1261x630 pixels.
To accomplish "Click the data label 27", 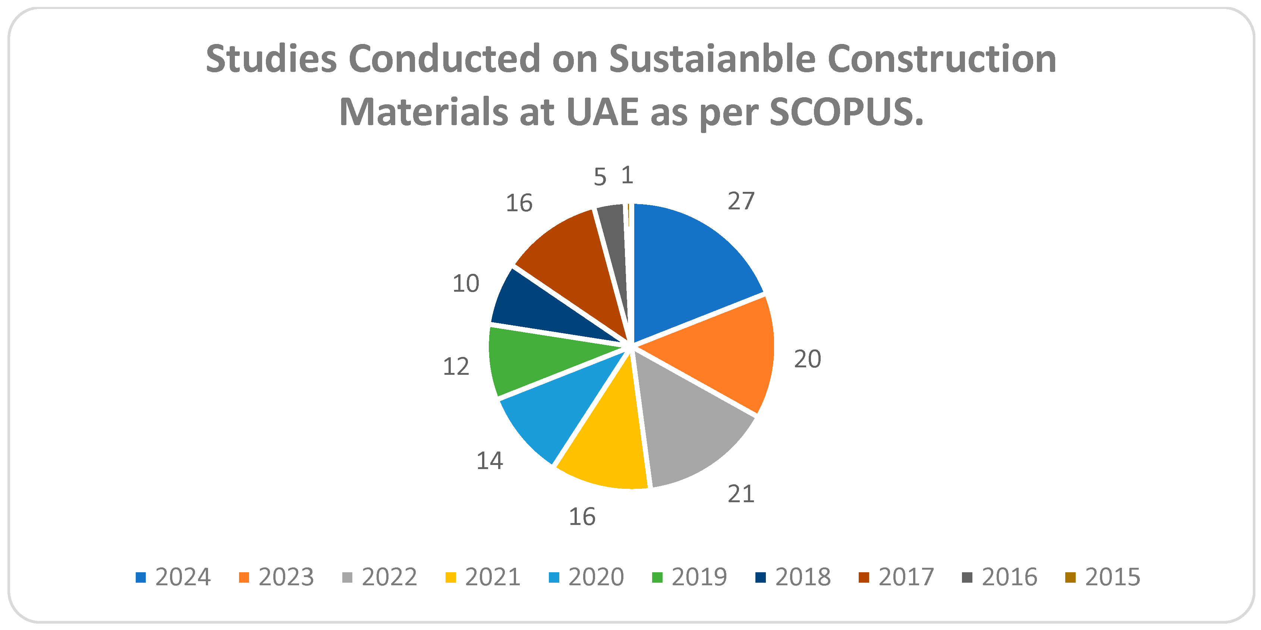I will click(x=740, y=201).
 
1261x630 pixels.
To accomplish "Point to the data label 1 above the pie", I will click(x=627, y=175).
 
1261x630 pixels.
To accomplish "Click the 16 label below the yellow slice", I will click(x=582, y=516).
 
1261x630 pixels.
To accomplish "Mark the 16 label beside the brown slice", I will click(x=519, y=203).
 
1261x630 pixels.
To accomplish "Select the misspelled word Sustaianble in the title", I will click(x=712, y=59).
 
